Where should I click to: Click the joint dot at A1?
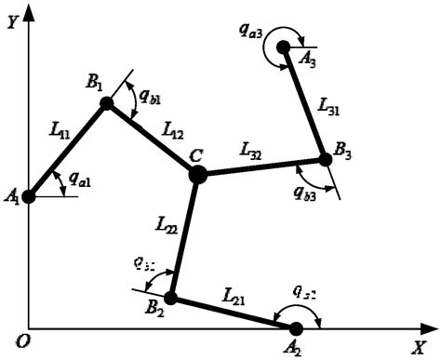point(29,196)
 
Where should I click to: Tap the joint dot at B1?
point(107,103)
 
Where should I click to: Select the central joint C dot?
point(197,173)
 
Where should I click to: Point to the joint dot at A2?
point(296,328)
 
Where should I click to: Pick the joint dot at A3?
point(284,47)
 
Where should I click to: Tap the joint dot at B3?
point(326,159)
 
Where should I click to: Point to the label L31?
point(327,109)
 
